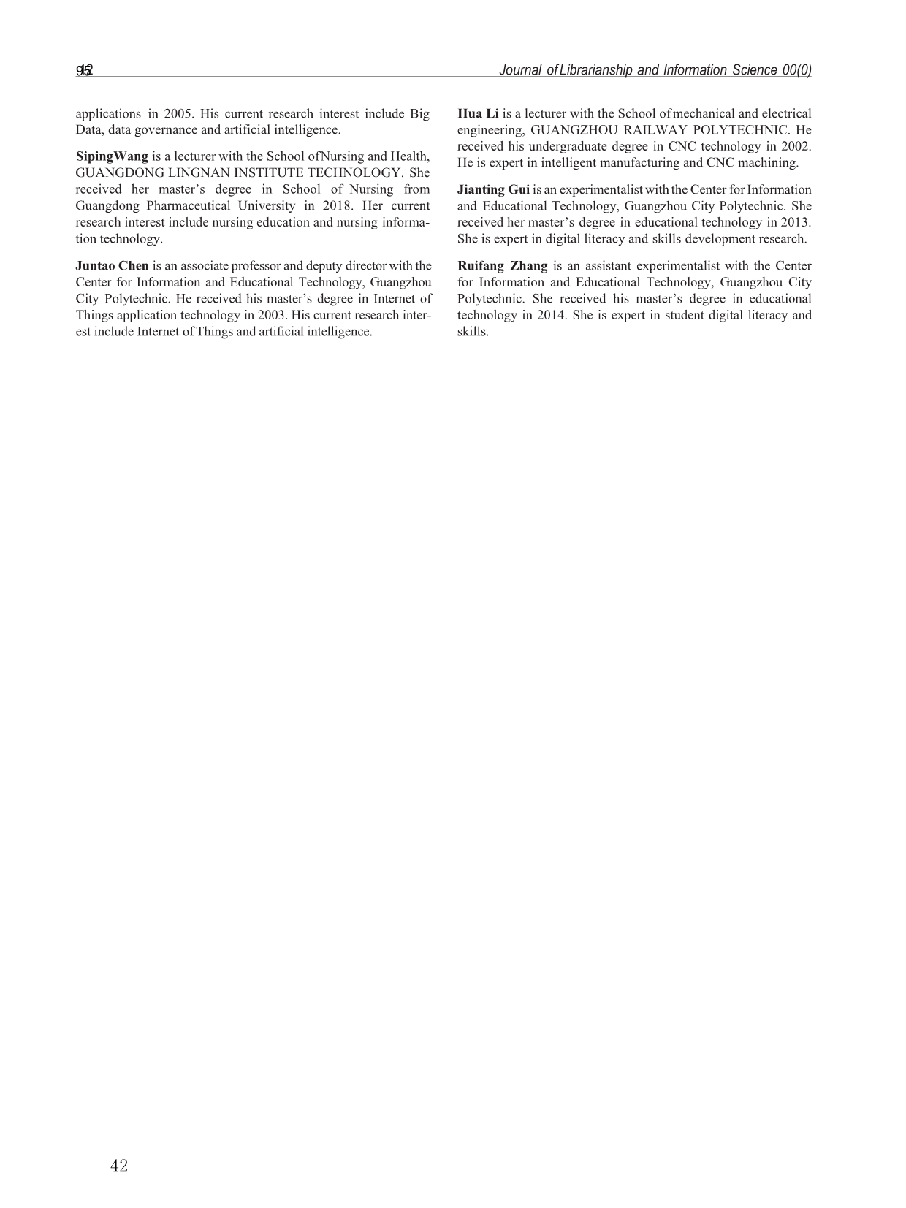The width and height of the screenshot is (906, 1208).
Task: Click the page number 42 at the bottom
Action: coord(118,1166)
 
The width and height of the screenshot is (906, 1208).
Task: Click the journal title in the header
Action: coord(655,70)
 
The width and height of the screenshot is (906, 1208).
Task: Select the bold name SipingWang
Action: coord(112,156)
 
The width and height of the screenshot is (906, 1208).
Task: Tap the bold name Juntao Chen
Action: coord(112,266)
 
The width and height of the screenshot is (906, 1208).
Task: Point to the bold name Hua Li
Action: coord(478,114)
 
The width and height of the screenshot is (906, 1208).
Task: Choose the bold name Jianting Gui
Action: coord(493,190)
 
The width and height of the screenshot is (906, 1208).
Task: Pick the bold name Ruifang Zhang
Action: coord(502,266)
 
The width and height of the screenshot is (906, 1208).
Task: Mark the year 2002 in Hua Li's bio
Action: coord(794,146)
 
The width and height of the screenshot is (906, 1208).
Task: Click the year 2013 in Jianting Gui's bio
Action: coord(794,222)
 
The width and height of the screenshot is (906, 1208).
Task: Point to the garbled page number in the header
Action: coord(84,70)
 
